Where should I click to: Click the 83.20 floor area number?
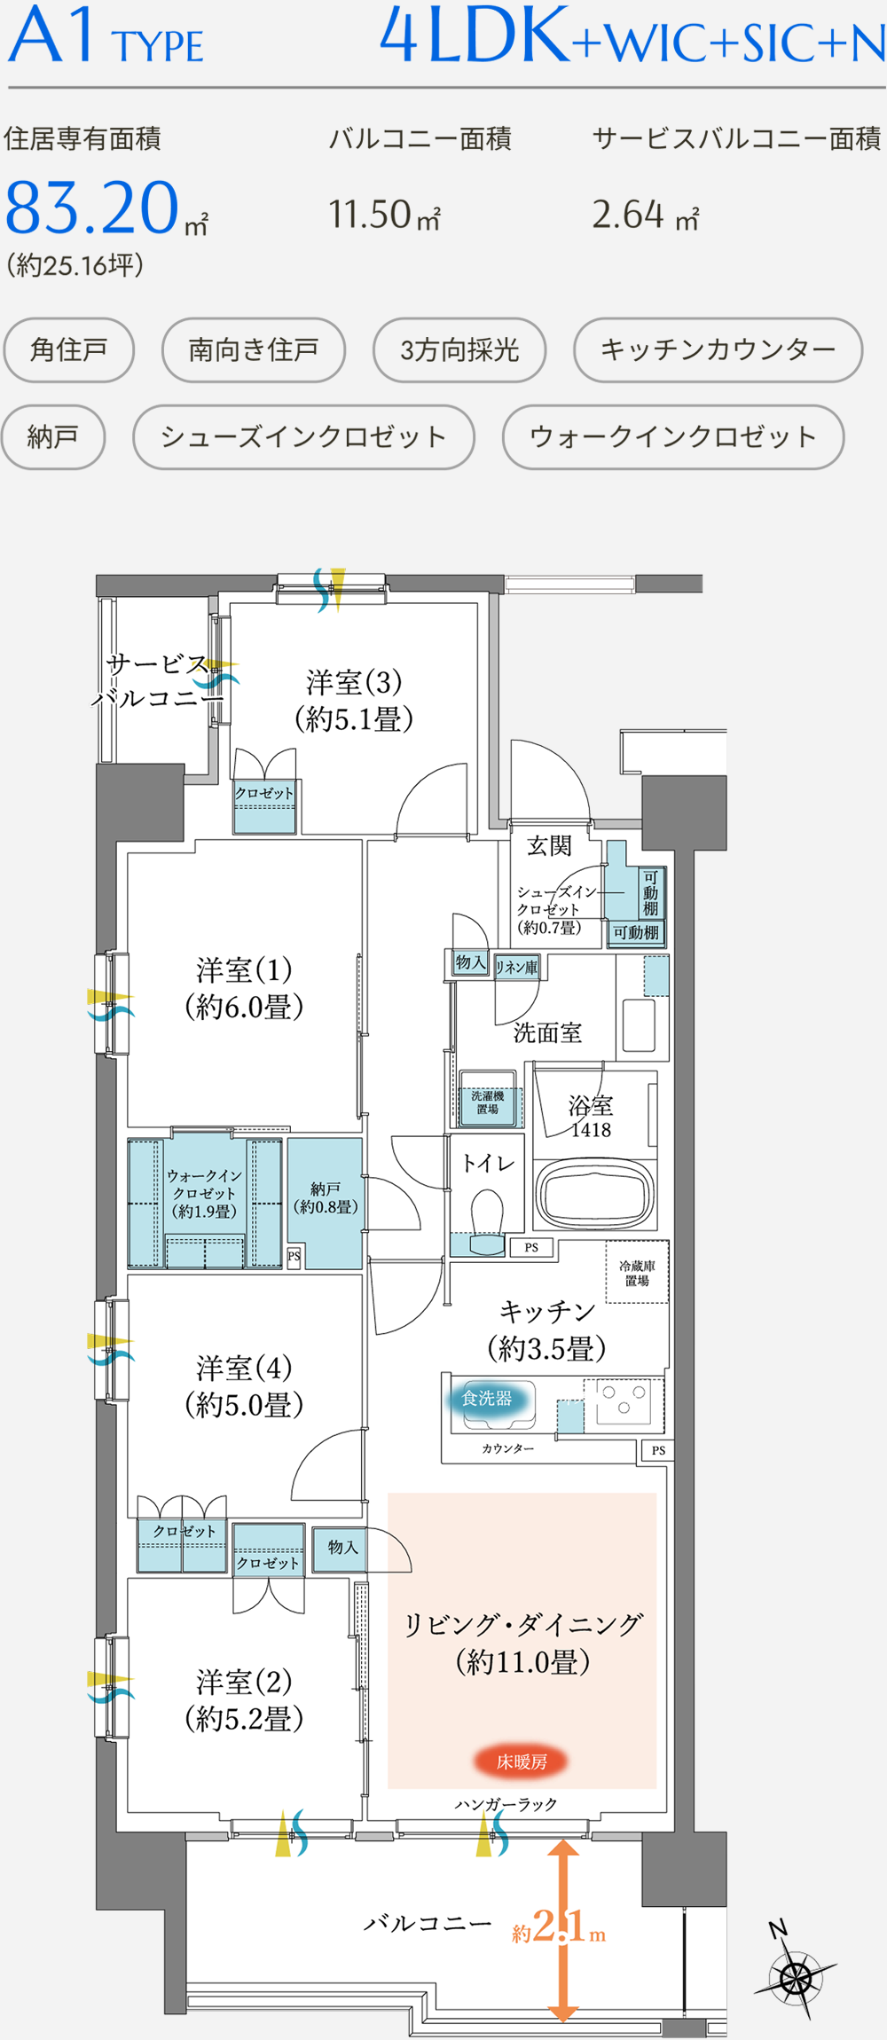(92, 208)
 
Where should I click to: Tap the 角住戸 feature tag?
(69, 349)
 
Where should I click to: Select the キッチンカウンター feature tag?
(718, 349)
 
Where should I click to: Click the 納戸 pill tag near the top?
(53, 436)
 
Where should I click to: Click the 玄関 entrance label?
(549, 846)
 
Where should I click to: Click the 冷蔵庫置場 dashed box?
(637, 1274)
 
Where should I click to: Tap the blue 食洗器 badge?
(487, 1399)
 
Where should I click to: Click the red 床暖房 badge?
(522, 1761)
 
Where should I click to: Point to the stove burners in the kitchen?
(623, 1400)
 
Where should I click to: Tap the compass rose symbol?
(796, 1977)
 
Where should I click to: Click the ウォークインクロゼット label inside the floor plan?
(204, 1193)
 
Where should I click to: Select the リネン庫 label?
(516, 967)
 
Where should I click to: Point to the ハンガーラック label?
(506, 1805)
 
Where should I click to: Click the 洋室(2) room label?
(244, 1699)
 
